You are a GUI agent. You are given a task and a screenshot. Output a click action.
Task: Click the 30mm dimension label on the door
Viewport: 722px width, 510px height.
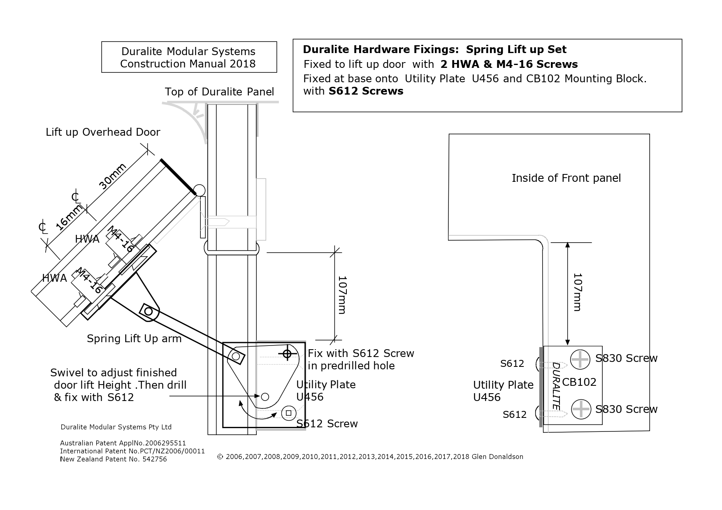[x=112, y=176]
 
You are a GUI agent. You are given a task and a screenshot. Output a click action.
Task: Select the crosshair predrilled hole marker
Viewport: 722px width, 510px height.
[x=287, y=353]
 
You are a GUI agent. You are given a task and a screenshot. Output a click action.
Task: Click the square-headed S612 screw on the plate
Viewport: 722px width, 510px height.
[x=289, y=413]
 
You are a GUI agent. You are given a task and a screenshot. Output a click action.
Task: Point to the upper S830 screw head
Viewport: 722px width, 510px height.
[x=581, y=359]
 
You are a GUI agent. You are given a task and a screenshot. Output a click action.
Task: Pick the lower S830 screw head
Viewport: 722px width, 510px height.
[x=581, y=410]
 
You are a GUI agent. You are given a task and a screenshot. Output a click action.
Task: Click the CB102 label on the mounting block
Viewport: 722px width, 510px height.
[x=579, y=382]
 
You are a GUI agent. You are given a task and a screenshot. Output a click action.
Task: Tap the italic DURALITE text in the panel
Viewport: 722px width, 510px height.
[x=556, y=385]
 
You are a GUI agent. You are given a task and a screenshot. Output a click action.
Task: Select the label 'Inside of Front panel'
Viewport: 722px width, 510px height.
[x=566, y=178]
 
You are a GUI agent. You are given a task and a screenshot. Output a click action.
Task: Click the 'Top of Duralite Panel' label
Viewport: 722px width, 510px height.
[x=219, y=92]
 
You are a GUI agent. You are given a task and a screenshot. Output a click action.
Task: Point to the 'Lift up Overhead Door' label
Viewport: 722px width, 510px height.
[x=103, y=132]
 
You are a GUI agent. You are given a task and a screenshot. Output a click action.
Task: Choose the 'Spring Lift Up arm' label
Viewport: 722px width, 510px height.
[x=134, y=338]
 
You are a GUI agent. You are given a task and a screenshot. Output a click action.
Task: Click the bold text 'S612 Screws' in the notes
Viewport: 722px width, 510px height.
[x=366, y=91]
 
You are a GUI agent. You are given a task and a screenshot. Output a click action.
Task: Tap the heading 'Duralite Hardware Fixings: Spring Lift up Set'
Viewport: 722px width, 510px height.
[x=434, y=50]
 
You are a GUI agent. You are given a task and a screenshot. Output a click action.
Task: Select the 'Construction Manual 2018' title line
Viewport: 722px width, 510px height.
[x=188, y=64]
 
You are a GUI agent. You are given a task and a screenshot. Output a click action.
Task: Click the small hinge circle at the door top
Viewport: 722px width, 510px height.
[x=199, y=190]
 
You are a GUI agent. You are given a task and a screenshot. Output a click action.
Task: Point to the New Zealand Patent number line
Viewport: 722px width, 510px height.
[x=114, y=459]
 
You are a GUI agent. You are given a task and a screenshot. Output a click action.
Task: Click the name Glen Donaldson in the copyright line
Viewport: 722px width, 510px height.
[x=497, y=457]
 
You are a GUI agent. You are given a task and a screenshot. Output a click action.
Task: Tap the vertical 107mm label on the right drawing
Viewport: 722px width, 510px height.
[x=577, y=292]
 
